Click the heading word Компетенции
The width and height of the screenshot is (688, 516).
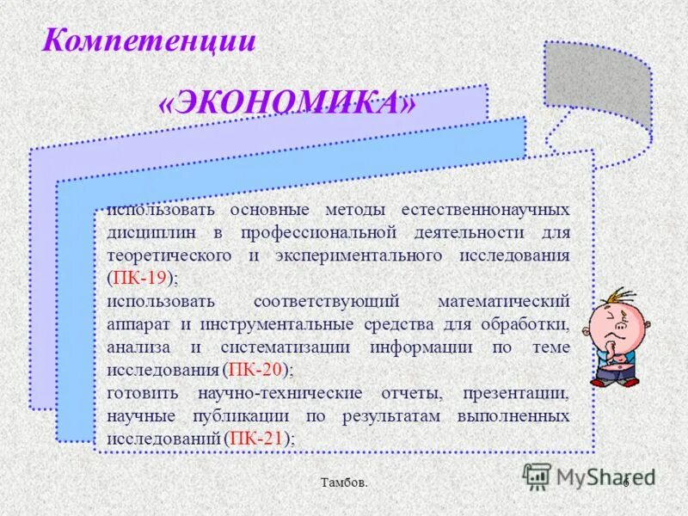pyautogui.click(x=150, y=40)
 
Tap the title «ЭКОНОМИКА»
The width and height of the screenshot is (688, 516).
pyautogui.click(x=288, y=104)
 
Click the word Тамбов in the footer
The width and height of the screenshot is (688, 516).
pyautogui.click(x=344, y=483)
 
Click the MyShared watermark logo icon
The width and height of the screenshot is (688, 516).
pyautogui.click(x=537, y=476)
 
